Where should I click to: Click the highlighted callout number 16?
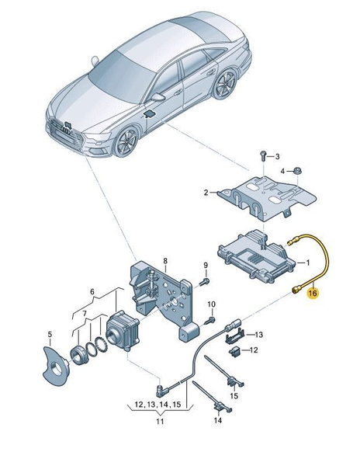313,294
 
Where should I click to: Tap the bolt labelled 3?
263,156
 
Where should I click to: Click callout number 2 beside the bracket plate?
206,193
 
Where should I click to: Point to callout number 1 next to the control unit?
308,263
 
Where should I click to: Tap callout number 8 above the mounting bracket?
165,261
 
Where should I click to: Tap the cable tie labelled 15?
227,370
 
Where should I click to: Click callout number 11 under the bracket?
160,421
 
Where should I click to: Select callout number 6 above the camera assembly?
92,291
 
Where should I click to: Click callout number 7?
85,313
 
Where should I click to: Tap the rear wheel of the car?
225,85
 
